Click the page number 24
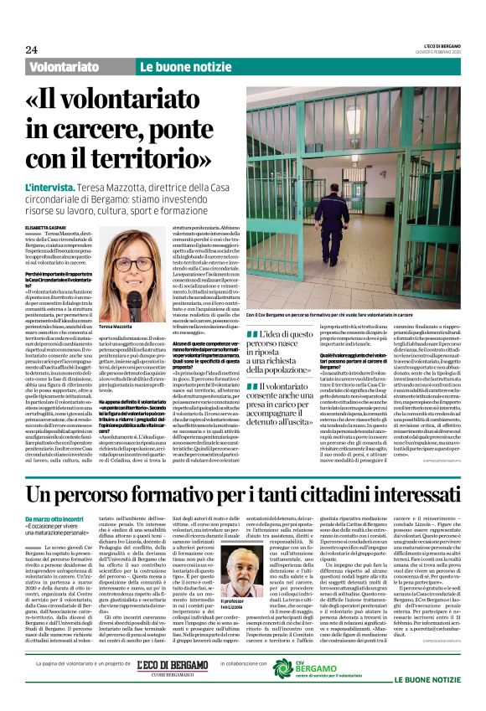click(x=32, y=50)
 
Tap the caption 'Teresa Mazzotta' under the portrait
click(x=121, y=326)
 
